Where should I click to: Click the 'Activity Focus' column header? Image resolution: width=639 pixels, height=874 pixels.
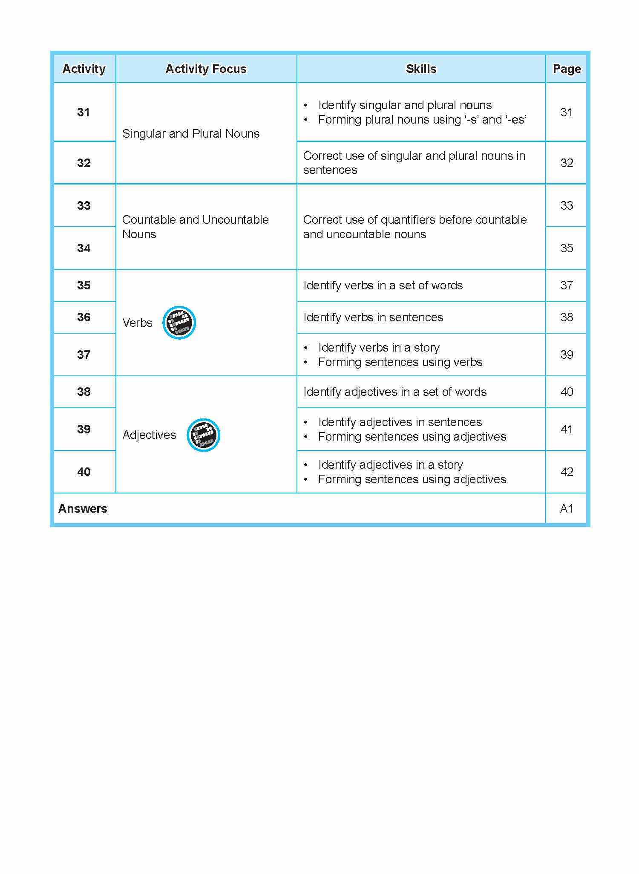[206, 69]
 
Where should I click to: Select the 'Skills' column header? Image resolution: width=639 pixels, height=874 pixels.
[421, 69]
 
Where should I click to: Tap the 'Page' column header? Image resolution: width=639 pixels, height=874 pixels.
[567, 69]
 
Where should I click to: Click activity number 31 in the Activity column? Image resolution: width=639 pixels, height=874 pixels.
[83, 112]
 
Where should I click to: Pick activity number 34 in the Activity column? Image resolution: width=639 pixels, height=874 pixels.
[83, 248]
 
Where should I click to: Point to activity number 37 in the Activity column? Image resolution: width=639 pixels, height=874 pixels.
[83, 355]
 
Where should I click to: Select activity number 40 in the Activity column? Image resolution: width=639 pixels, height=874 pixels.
[83, 472]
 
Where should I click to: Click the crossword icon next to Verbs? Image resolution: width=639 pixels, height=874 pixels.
[179, 323]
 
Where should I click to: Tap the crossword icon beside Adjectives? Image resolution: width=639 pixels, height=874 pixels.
[203, 435]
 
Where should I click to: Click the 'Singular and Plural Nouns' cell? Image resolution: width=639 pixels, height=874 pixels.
[190, 134]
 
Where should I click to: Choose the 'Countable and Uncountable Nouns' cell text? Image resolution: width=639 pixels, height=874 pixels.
[195, 227]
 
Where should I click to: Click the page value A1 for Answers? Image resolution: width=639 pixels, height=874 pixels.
[567, 508]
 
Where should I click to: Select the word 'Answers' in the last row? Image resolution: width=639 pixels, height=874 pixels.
[83, 508]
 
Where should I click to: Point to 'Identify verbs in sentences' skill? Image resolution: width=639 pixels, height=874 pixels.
[373, 317]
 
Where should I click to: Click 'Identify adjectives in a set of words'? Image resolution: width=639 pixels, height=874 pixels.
[395, 392]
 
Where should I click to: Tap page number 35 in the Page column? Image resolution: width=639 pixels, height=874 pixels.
[567, 248]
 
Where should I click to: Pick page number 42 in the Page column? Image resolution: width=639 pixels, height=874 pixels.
[567, 472]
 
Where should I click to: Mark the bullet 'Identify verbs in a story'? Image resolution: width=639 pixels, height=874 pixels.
[379, 348]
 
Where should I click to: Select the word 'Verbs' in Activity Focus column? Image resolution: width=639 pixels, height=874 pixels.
[137, 323]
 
